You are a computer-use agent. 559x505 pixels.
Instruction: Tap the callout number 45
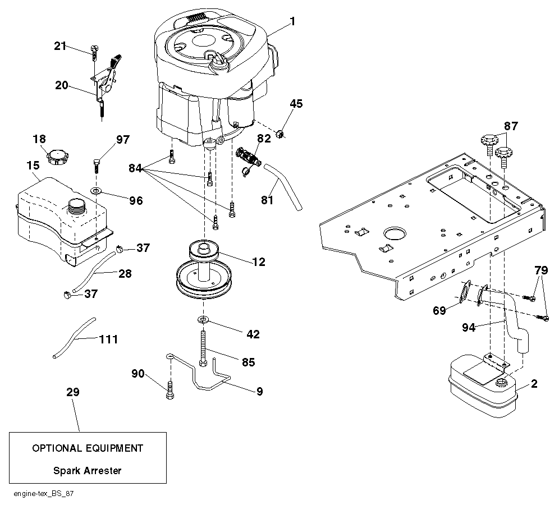pos(296,104)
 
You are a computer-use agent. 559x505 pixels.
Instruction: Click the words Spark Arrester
pos(87,471)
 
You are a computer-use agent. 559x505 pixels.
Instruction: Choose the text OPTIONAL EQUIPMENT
pos(88,448)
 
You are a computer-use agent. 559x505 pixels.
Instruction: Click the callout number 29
pos(72,392)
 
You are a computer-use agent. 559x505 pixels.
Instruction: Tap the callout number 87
pos(511,126)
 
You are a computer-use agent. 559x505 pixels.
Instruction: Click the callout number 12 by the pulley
pos(259,261)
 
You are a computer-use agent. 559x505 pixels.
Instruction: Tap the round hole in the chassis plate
pos(394,232)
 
